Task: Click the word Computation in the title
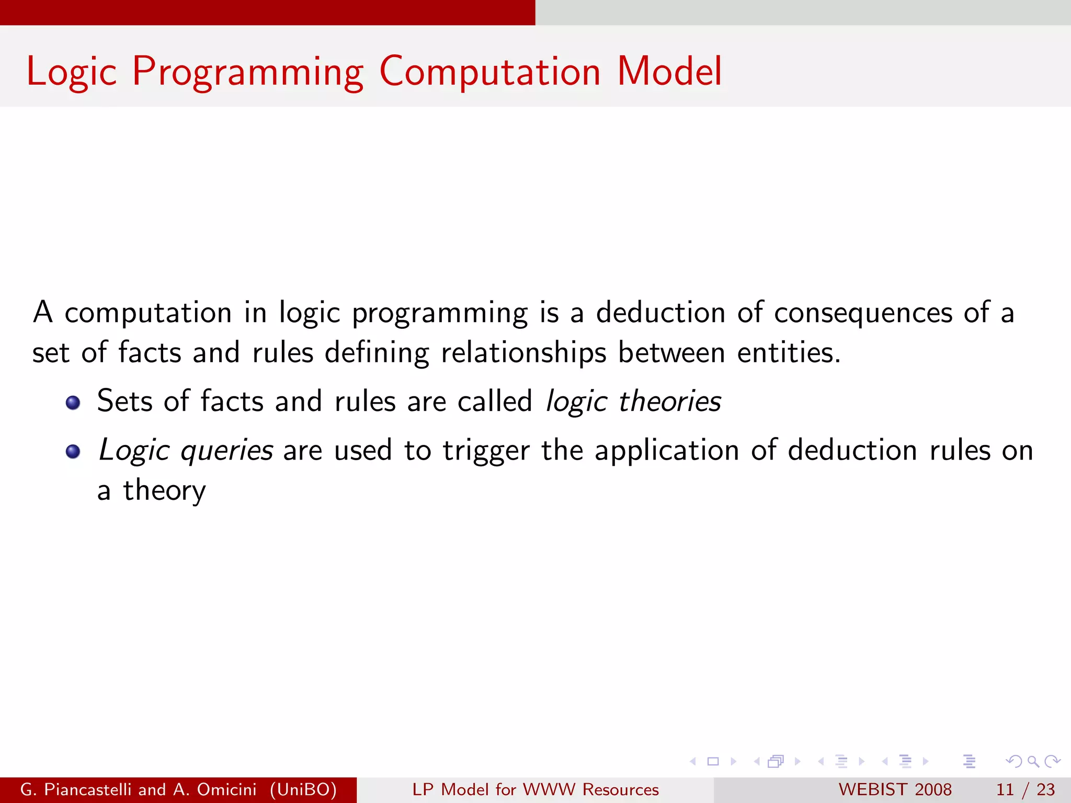tap(489, 72)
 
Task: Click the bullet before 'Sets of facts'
tap(73, 403)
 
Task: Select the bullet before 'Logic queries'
tap(73, 451)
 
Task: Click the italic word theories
tap(670, 401)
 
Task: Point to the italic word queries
tap(226, 451)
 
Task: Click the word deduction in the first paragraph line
tap(660, 313)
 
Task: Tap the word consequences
tap(863, 313)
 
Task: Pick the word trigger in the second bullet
tap(486, 451)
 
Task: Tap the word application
tap(667, 451)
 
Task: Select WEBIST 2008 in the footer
tap(895, 789)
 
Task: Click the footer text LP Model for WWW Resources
tap(535, 789)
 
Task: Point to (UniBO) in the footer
tap(303, 789)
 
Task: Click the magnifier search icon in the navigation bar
tap(1033, 761)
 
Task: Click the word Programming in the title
tap(248, 72)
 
